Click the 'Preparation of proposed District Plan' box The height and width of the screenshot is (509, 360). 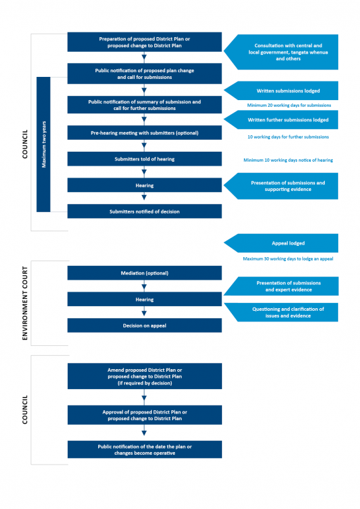[x=145, y=42]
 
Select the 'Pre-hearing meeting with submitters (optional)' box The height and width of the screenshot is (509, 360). [x=145, y=133]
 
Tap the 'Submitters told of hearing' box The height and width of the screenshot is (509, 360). [x=145, y=159]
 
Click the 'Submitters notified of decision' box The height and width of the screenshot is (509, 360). [x=145, y=211]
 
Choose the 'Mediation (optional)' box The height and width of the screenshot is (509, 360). [x=145, y=273]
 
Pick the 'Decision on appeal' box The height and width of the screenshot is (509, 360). [x=145, y=325]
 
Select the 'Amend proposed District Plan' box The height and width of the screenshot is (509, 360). [x=145, y=376]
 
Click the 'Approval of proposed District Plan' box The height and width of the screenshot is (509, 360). [x=145, y=415]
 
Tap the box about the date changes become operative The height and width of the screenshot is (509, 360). [x=145, y=449]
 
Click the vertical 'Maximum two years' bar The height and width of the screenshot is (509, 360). [x=44, y=144]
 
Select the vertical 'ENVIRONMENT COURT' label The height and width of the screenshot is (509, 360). [x=25, y=304]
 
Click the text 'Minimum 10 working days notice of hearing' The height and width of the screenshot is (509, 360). [x=288, y=160]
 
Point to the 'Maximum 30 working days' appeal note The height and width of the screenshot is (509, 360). [x=288, y=258]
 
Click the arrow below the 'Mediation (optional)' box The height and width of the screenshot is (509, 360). [x=145, y=286]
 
